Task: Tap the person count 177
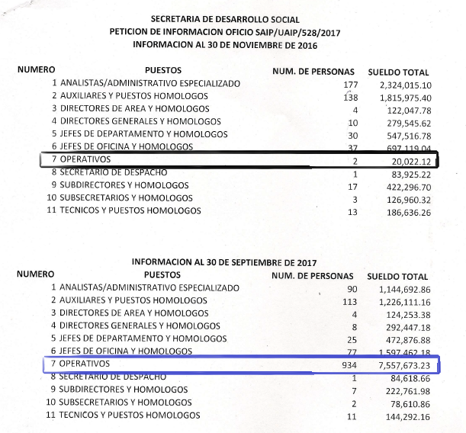pos(350,84)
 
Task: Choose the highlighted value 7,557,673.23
pos(401,364)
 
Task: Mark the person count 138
pos(350,97)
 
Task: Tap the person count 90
pos(352,289)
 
